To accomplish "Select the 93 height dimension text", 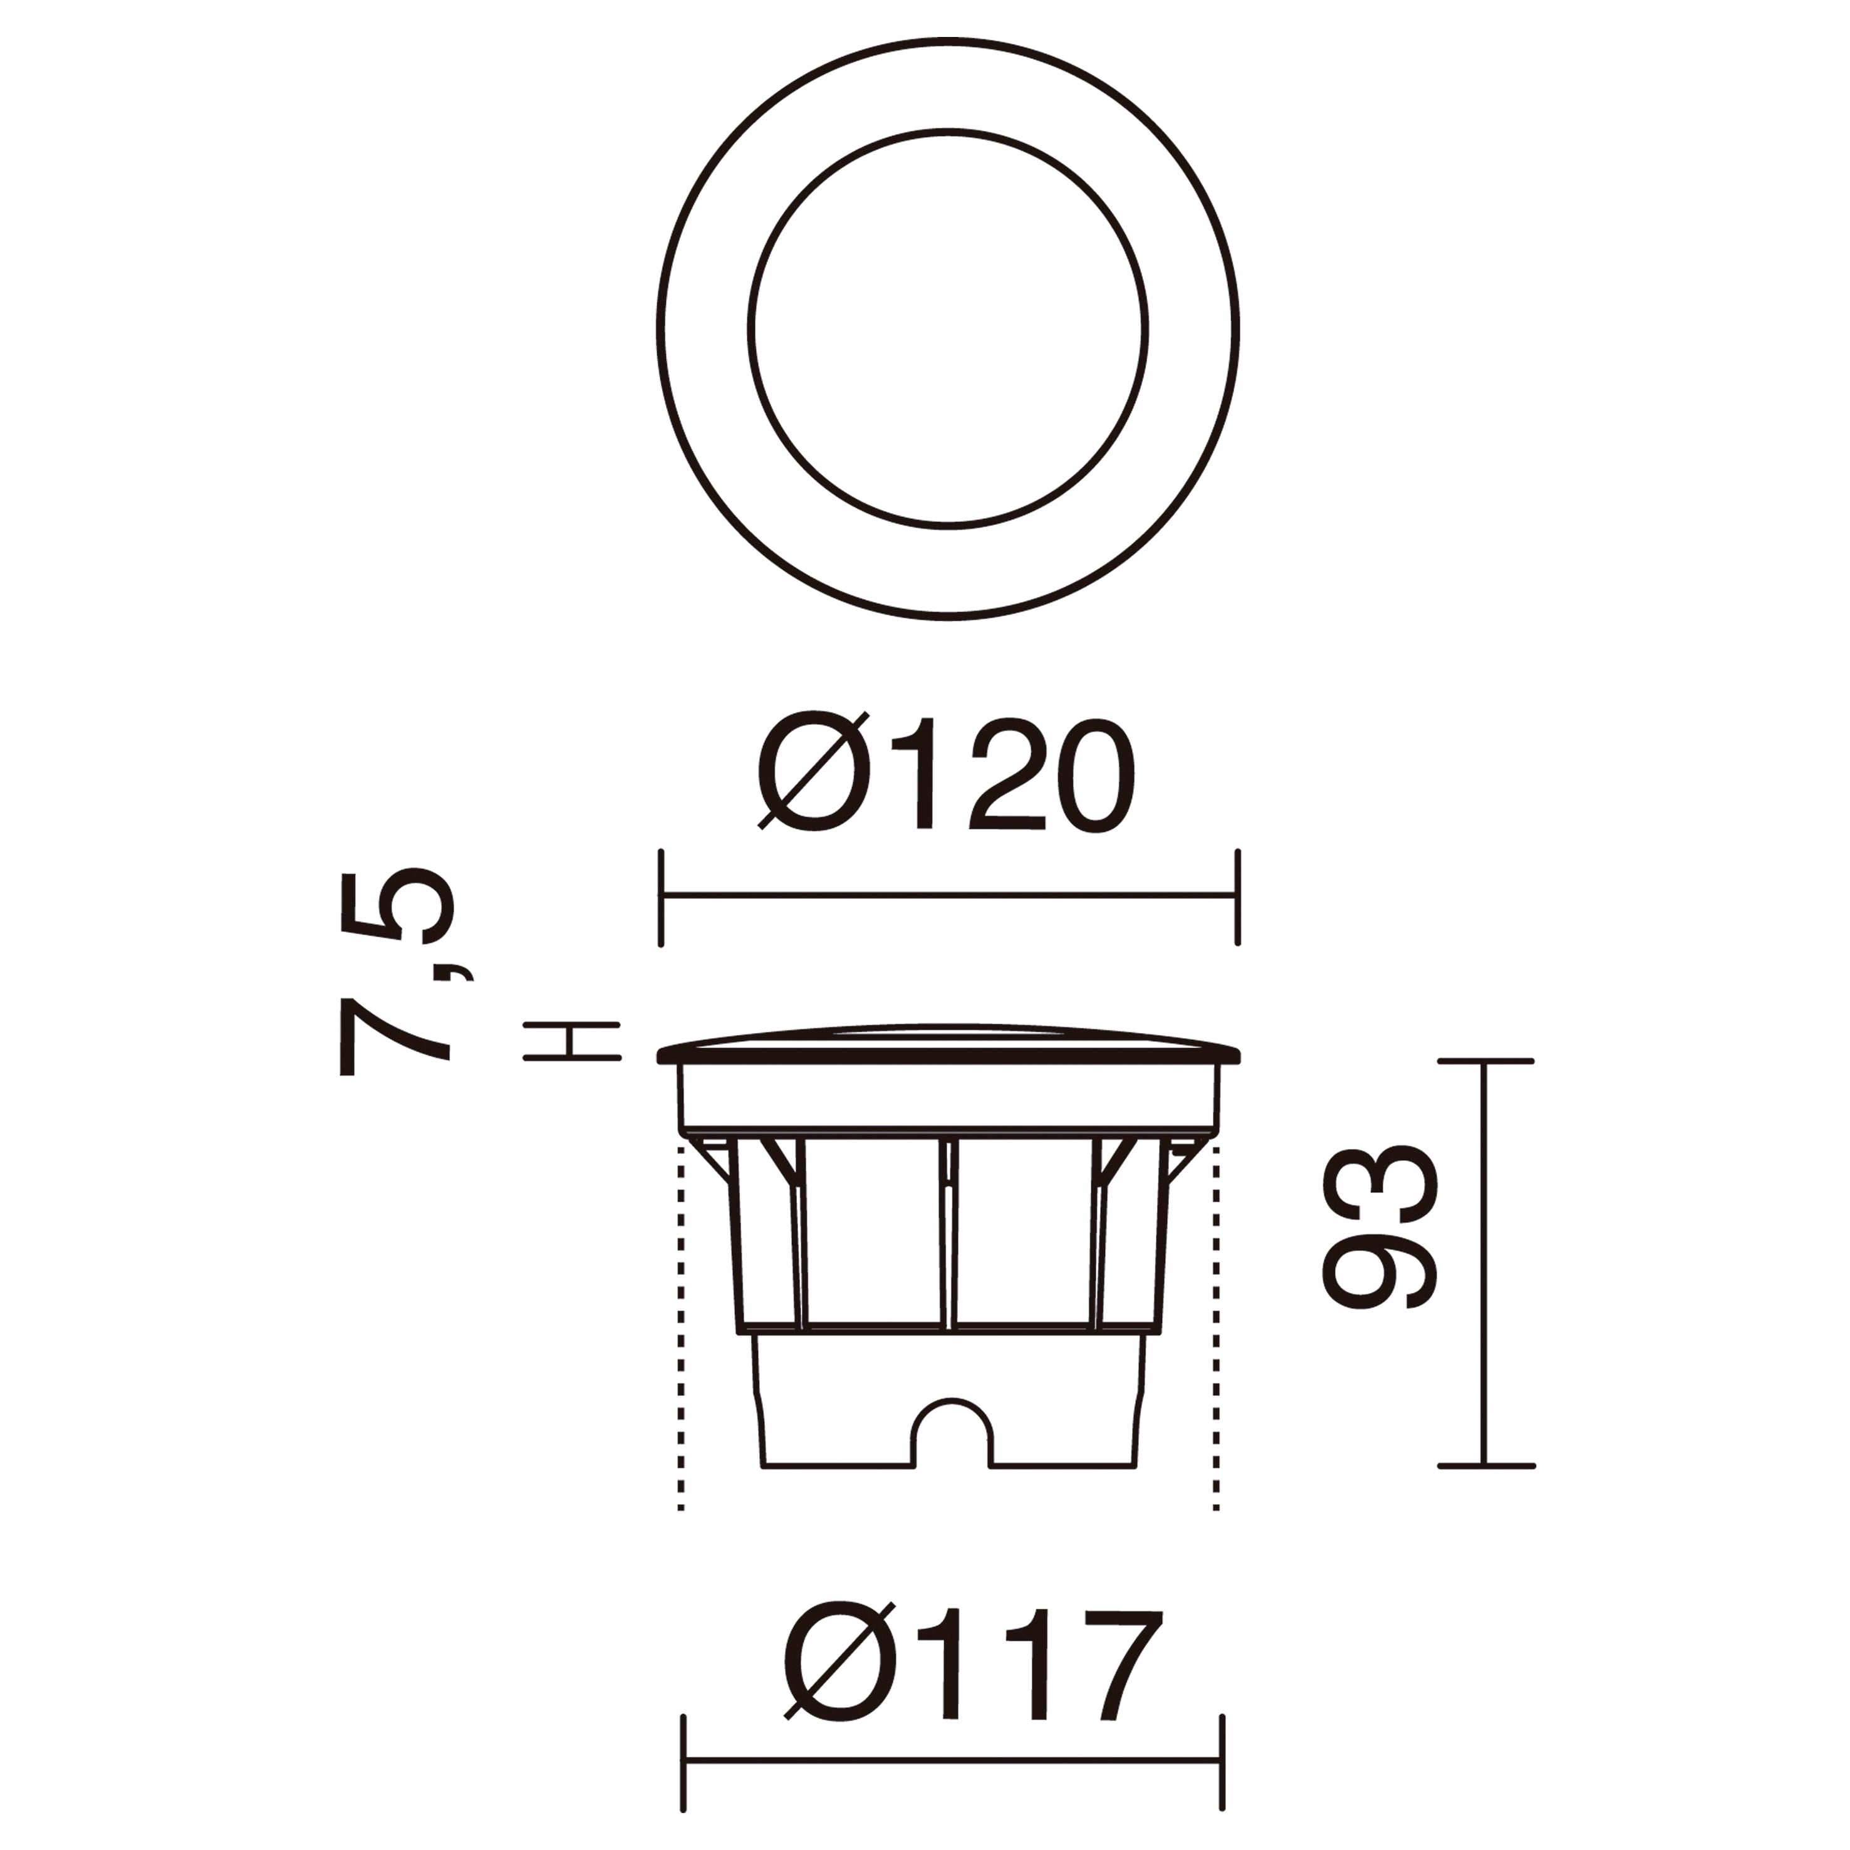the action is click(x=1380, y=1227).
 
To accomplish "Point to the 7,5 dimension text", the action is click(x=395, y=973).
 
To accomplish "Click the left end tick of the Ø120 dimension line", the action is click(x=661, y=896).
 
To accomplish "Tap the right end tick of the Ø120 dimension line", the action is click(x=1238, y=896).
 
